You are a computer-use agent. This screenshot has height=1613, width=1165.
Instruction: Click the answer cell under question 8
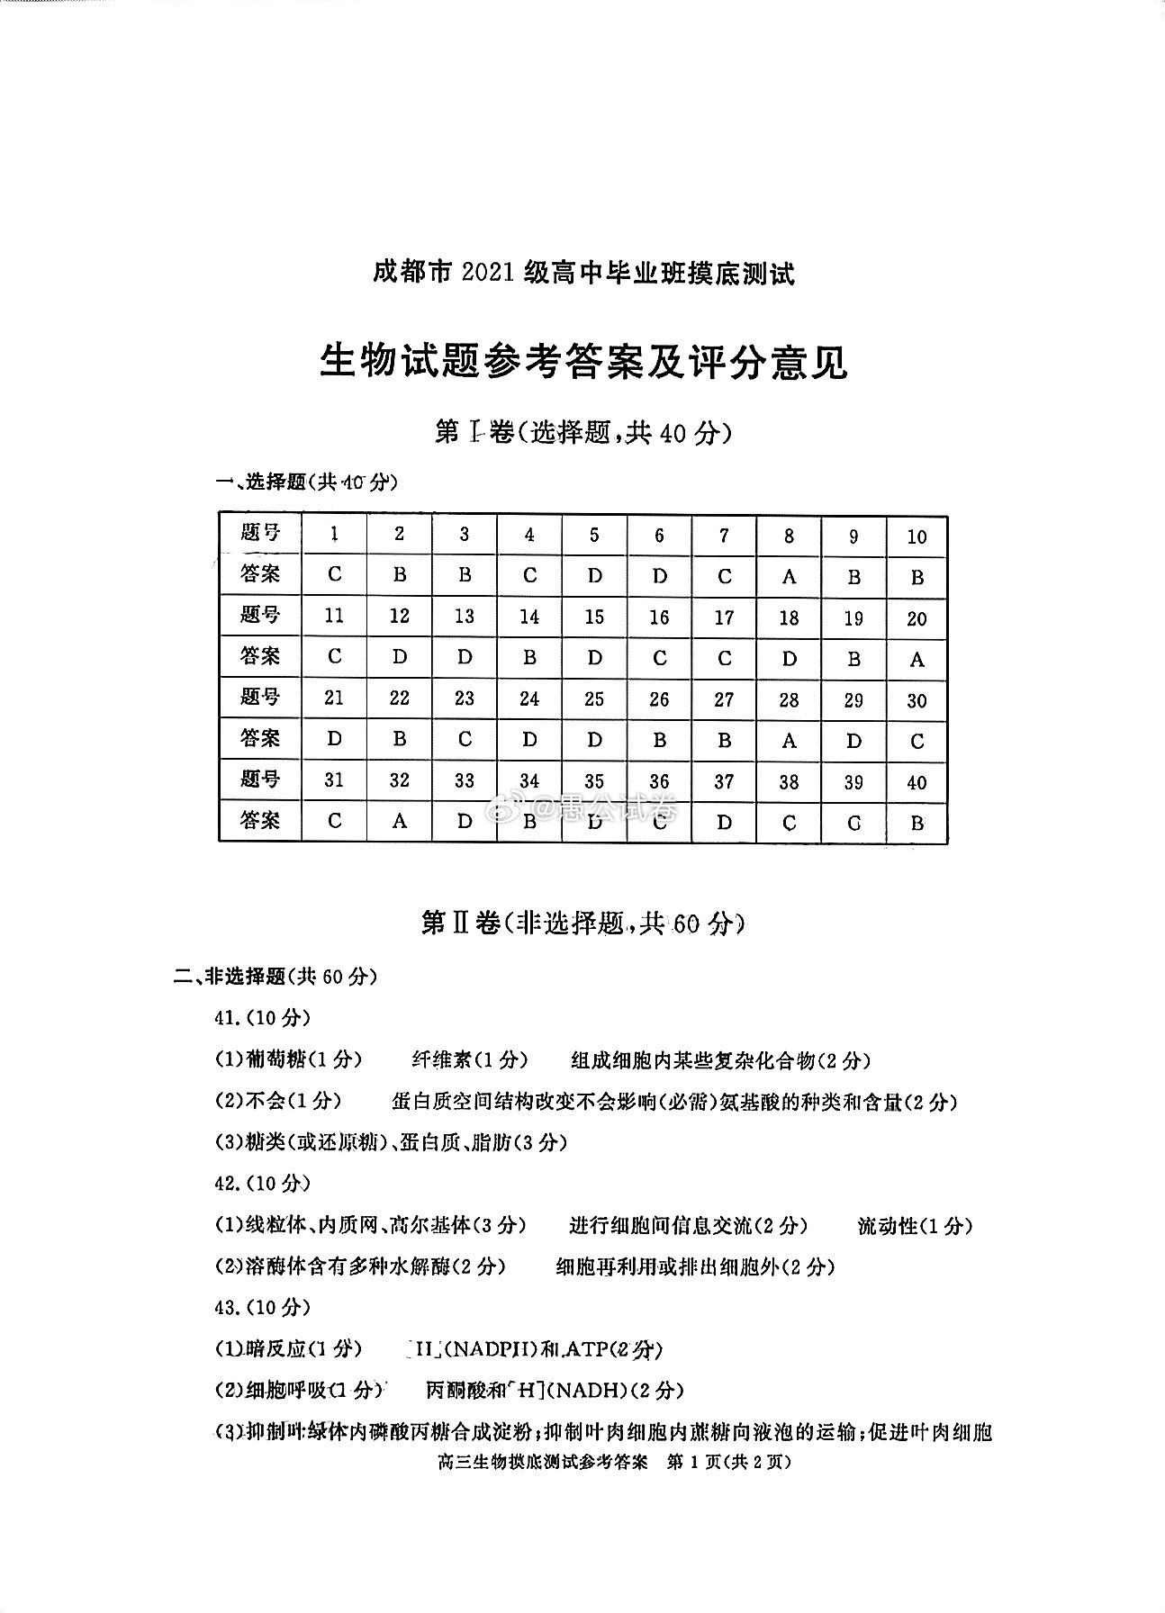tap(789, 577)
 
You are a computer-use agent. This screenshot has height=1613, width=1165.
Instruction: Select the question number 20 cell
tap(917, 618)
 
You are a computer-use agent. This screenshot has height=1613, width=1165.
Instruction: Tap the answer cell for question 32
tap(399, 821)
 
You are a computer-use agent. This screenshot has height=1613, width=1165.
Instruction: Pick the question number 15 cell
tap(594, 617)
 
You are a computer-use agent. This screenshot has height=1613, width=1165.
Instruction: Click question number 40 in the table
tap(917, 782)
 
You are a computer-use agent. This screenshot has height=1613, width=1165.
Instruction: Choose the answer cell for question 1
tap(335, 575)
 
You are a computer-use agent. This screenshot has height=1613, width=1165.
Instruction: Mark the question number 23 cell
tap(465, 699)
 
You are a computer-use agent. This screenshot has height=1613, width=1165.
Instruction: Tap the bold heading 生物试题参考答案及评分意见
tap(583, 363)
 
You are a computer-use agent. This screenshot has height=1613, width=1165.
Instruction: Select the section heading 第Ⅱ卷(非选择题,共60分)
tap(583, 923)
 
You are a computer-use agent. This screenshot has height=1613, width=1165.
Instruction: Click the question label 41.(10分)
tap(262, 1018)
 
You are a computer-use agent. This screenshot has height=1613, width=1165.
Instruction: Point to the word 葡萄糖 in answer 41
tap(275, 1059)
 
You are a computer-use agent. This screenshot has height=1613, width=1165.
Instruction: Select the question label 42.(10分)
tap(262, 1183)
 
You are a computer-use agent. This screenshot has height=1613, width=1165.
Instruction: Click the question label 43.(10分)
tap(262, 1307)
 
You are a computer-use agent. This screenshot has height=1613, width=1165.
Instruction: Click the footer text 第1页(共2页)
tap(727, 1462)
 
